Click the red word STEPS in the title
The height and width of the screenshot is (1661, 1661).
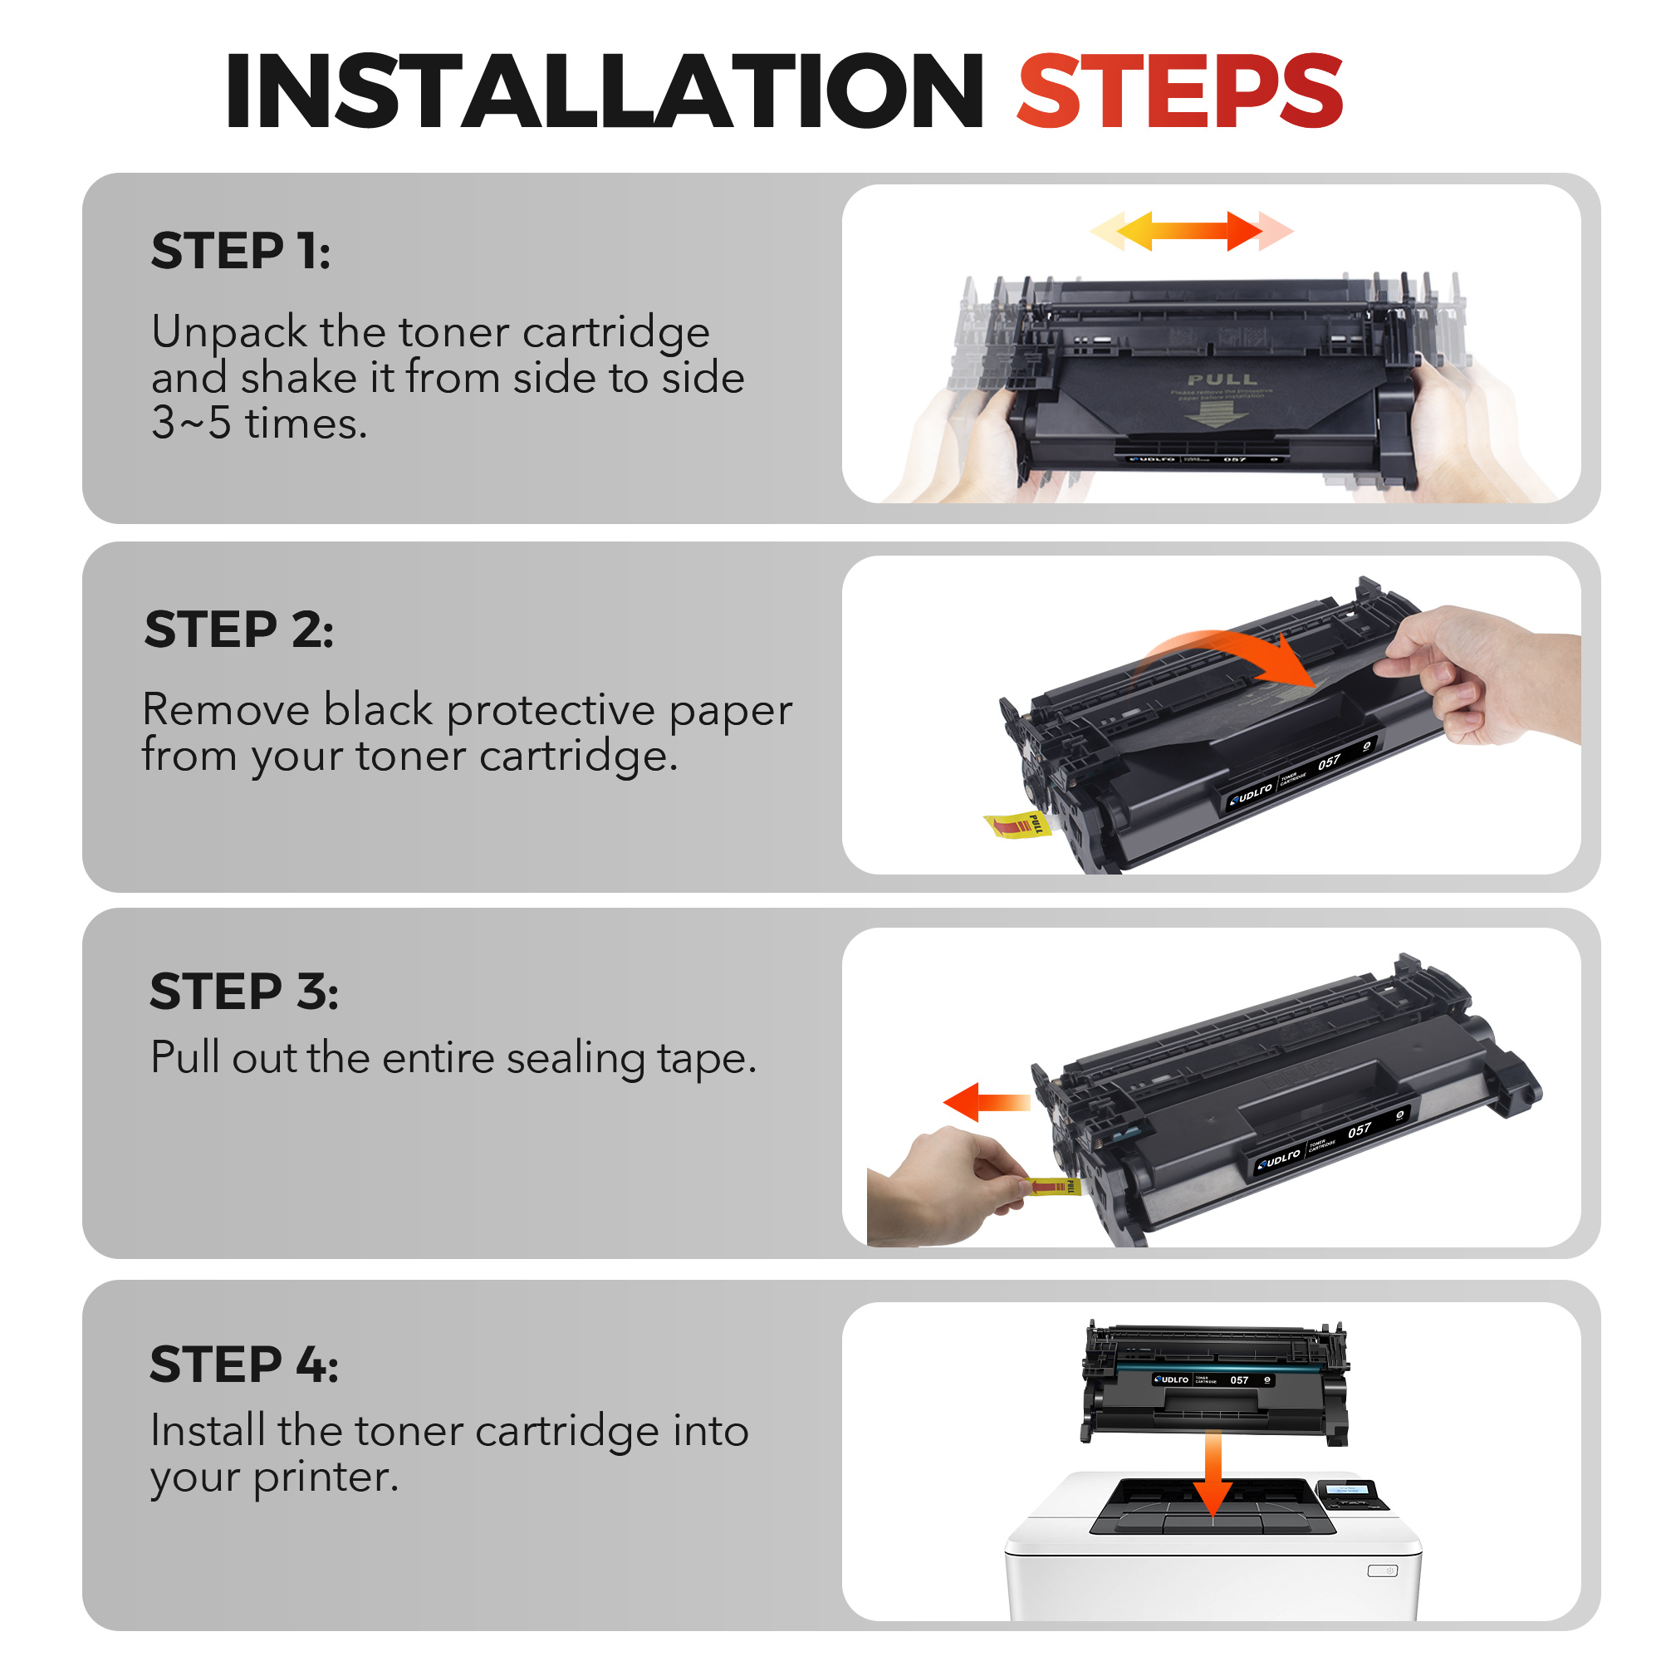point(1179,92)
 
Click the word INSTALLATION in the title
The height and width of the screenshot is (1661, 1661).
point(605,92)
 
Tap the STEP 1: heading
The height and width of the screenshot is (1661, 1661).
point(241,251)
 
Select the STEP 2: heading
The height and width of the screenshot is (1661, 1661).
point(238,630)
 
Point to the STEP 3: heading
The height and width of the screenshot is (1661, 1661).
point(244,992)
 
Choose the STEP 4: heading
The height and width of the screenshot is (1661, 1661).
point(244,1365)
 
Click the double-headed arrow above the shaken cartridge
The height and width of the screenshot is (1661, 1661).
point(1191,230)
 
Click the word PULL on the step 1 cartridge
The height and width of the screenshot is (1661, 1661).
point(1222,380)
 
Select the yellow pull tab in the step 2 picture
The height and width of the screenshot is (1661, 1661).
point(1018,825)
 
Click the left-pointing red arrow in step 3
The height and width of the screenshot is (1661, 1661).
point(984,1102)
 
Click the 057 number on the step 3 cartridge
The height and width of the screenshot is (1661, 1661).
point(1360,1130)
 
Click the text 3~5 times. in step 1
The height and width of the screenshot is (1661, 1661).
point(259,424)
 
